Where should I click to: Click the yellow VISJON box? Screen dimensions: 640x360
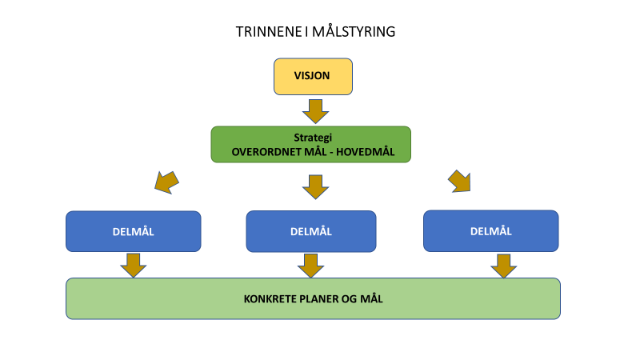pyautogui.click(x=313, y=76)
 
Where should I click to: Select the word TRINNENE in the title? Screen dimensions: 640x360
pyautogui.click(x=269, y=32)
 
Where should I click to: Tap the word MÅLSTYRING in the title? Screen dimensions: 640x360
pyautogui.click(x=354, y=32)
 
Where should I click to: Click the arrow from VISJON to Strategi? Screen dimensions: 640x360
pyautogui.click(x=315, y=111)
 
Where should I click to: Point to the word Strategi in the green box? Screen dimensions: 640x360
pyautogui.click(x=313, y=138)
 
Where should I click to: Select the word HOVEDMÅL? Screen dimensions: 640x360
pyautogui.click(x=366, y=152)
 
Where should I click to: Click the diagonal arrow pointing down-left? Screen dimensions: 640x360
pyautogui.click(x=166, y=182)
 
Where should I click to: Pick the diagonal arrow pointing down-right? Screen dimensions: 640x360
pyautogui.click(x=459, y=182)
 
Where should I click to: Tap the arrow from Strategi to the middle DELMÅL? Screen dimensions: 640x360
pyautogui.click(x=315, y=187)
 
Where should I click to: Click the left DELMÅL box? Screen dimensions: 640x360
pyautogui.click(x=134, y=231)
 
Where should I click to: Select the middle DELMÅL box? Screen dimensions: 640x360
pyautogui.click(x=311, y=231)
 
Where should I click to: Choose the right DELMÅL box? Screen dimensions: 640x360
pyautogui.click(x=491, y=231)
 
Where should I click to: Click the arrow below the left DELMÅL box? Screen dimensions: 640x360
pyautogui.click(x=134, y=266)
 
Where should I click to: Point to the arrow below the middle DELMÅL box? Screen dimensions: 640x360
pyautogui.click(x=311, y=266)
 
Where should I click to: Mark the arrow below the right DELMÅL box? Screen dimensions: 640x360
pyautogui.click(x=504, y=266)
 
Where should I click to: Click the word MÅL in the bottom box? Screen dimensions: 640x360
pyautogui.click(x=371, y=298)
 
